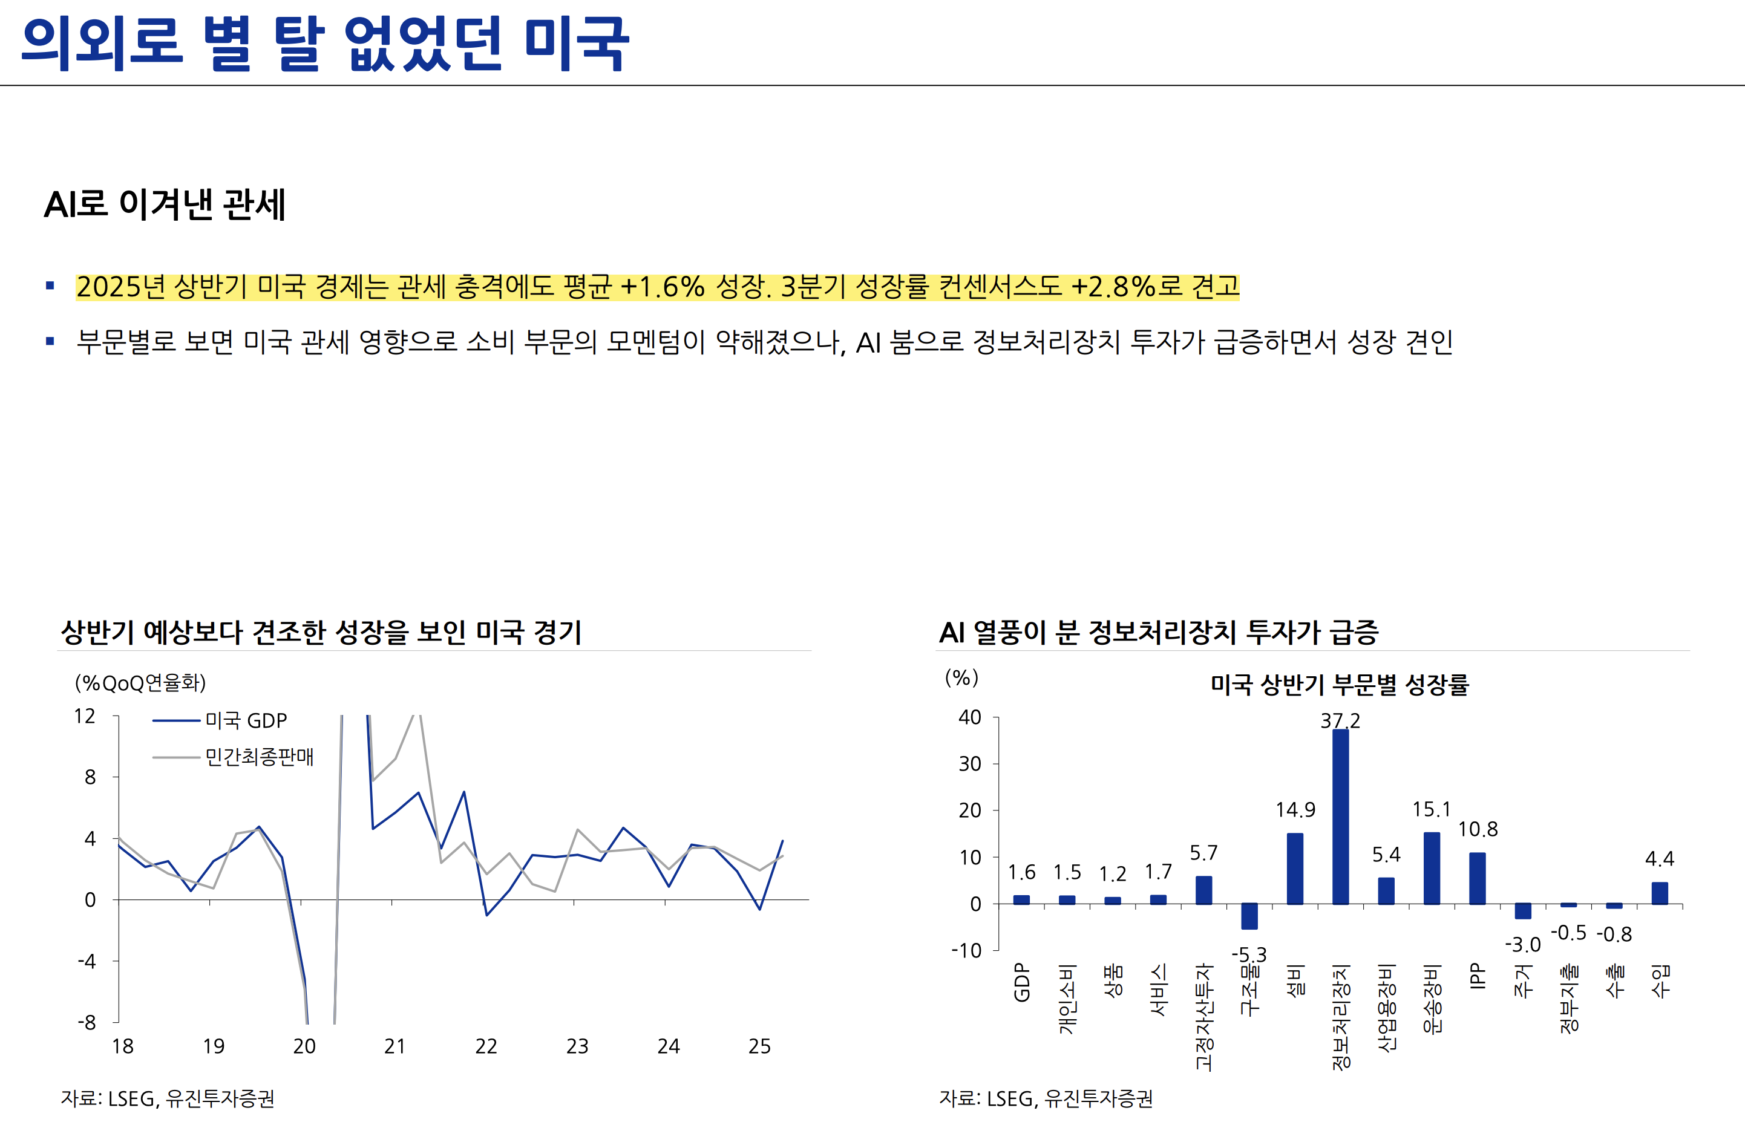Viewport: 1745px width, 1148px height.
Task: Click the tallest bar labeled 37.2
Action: [1340, 817]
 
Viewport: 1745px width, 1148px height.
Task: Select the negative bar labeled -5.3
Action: [1249, 916]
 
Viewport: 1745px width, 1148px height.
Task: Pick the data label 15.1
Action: [1431, 809]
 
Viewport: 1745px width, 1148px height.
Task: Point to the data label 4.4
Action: [1659, 858]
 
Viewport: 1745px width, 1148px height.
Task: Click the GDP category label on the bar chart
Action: [1021, 982]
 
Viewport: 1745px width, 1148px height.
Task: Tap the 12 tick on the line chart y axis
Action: [85, 716]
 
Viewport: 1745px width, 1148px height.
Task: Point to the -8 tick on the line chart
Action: [87, 1022]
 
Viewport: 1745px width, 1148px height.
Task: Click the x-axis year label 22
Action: [486, 1046]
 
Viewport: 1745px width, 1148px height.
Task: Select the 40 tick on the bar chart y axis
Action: [969, 717]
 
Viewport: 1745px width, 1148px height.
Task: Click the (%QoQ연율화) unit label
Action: [140, 683]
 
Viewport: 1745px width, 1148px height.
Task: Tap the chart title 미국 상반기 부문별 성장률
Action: [1340, 685]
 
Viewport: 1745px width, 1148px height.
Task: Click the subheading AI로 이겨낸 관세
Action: [165, 204]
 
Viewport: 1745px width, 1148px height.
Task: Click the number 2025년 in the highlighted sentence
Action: [121, 286]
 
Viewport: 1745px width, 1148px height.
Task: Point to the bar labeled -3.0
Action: [1522, 912]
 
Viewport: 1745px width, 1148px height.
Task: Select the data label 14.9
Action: [1295, 810]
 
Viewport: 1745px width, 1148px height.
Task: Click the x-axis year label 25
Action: [759, 1046]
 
